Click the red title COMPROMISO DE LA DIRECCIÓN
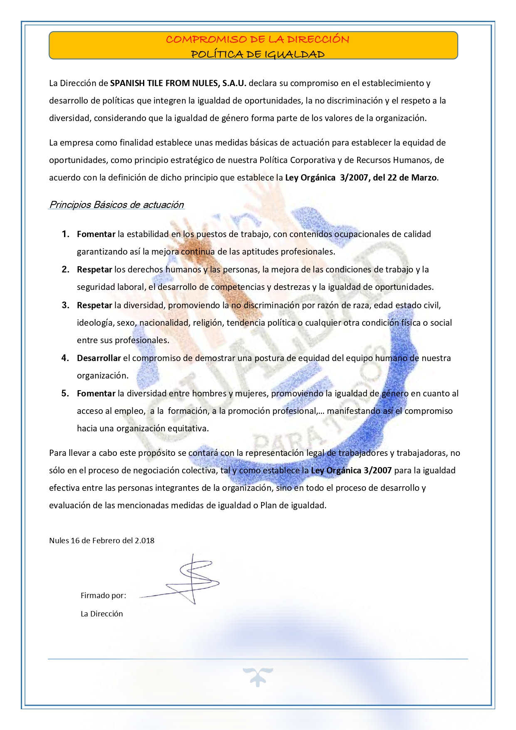[257, 40]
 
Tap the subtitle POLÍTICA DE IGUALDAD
[257, 54]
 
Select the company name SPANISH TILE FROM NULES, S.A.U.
[178, 83]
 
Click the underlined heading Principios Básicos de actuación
[116, 205]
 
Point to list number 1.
[65, 234]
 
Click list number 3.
[65, 305]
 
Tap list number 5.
[65, 393]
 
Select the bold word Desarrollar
[99, 358]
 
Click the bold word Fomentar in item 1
[96, 234]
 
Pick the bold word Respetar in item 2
[94, 270]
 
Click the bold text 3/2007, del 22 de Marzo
[388, 178]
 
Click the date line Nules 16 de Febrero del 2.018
[101, 541]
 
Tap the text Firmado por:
[103, 596]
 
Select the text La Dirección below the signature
[101, 614]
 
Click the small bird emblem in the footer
[258, 676]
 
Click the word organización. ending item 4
[102, 376]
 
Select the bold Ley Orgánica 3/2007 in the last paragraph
[351, 470]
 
